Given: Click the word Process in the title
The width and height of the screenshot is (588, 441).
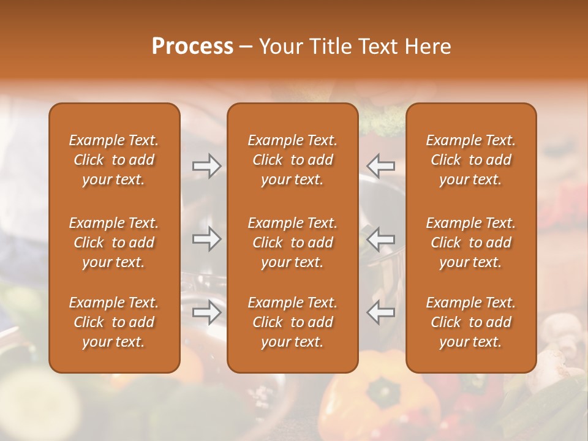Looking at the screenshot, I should [x=192, y=47].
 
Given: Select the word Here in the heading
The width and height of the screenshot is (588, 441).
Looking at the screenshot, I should [x=426, y=47].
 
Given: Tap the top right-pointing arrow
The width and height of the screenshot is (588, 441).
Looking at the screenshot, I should [x=206, y=166].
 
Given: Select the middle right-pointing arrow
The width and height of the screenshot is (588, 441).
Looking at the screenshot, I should [x=206, y=239].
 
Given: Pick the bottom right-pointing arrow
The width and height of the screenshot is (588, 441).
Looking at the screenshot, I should [x=206, y=312].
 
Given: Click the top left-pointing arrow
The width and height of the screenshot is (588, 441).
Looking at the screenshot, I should [x=381, y=166].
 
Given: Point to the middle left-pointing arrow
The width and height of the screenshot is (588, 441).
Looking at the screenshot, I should [x=381, y=239].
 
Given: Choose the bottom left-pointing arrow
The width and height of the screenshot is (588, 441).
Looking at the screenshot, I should [x=381, y=312].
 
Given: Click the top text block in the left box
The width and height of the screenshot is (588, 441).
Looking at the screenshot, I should [x=114, y=160].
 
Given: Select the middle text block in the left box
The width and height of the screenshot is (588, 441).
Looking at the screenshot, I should [x=114, y=243].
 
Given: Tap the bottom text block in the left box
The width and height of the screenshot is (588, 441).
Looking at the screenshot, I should [x=114, y=322].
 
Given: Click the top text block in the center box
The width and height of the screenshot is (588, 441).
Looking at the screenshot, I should [x=292, y=160].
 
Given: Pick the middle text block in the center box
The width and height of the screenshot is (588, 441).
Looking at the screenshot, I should [x=292, y=243].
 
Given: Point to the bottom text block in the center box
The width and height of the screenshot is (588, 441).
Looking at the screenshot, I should [x=292, y=322].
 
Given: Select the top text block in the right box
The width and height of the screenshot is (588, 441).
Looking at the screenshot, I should [x=470, y=160].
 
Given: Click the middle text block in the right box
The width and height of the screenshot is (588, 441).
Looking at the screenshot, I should [x=470, y=243].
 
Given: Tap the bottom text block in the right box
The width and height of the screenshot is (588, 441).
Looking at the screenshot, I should [x=470, y=322].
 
